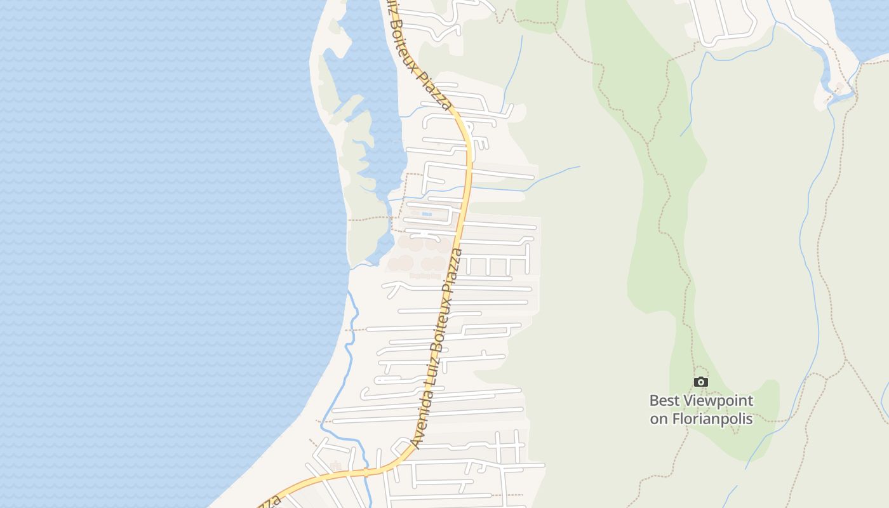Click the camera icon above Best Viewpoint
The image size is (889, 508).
click(x=701, y=382)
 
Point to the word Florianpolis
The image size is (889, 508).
click(x=712, y=419)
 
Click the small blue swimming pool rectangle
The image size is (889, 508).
click(x=427, y=214)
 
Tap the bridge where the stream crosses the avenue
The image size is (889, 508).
click(x=366, y=472)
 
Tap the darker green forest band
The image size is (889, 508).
click(x=660, y=190)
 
